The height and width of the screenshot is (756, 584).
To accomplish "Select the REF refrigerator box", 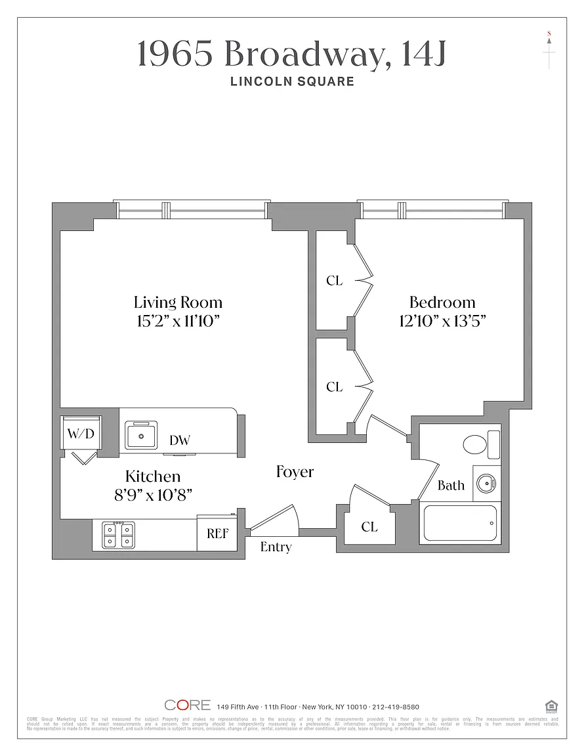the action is pos(217,534).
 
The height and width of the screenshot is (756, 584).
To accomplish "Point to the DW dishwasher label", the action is pos(179,440).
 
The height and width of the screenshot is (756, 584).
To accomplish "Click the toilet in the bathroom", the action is pos(476,444).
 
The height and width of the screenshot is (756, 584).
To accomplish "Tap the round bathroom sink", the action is pos(486,484).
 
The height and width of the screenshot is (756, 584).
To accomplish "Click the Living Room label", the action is pos(178,303).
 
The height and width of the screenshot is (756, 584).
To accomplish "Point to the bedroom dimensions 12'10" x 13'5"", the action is pos(442,321).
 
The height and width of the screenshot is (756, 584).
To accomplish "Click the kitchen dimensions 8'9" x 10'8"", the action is pos(154,494).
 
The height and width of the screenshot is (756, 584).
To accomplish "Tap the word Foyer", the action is pos(295,472).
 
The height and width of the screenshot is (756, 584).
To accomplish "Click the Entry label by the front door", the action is pos(276,547).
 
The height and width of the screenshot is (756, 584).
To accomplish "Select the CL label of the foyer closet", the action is pos(369,526).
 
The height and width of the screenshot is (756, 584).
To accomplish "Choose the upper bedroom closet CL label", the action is pos(334,280).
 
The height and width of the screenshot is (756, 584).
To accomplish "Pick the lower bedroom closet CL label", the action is pos(334,387).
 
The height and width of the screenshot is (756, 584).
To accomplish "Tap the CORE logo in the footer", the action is pos(188,705).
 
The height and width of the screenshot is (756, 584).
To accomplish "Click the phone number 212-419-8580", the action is pos(396,706).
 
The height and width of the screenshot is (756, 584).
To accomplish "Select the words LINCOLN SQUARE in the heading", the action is pos(292,81).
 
